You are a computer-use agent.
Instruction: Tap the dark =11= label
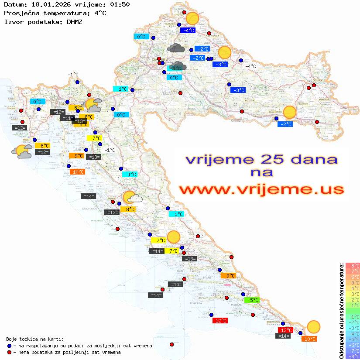tap(67, 118)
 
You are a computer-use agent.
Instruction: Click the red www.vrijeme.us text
tap(261, 189)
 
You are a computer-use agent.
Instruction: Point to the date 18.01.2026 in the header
tap(46, 4)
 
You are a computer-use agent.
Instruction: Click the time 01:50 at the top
tap(120, 4)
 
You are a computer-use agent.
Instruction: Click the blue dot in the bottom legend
tap(10, 346)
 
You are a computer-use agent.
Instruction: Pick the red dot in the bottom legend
tap(10, 352)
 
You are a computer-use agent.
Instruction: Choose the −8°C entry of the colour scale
tap(353, 356)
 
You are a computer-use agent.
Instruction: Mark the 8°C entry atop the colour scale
tap(353, 265)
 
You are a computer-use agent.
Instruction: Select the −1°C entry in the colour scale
tap(353, 316)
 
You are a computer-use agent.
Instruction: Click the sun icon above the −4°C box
tap(192, 18)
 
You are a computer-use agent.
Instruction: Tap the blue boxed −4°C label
tap(188, 31)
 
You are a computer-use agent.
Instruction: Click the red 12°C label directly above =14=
tap(286, 330)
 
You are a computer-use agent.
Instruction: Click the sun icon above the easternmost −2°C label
tap(289, 112)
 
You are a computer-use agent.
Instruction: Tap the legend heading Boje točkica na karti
tap(35, 339)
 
